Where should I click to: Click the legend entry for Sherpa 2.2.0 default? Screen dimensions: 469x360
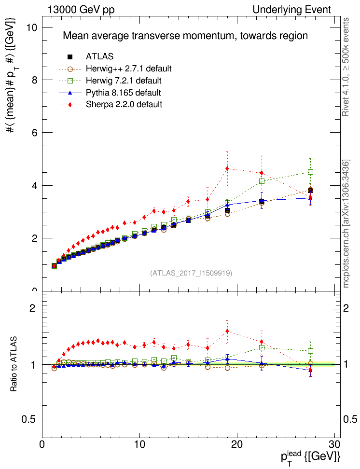124,104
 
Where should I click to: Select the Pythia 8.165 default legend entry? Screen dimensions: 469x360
123,92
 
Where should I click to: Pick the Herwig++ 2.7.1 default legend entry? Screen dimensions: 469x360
128,69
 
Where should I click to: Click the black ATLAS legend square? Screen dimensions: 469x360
70,57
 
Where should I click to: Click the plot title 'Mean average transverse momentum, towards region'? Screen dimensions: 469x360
186,36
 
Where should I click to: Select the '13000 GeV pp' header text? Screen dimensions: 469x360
81,10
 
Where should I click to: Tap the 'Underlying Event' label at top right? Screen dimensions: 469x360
292,10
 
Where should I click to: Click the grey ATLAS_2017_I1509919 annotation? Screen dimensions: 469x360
192,273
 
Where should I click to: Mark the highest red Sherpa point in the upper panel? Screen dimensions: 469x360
227,168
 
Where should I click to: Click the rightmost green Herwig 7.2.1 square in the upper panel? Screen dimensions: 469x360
310,172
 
